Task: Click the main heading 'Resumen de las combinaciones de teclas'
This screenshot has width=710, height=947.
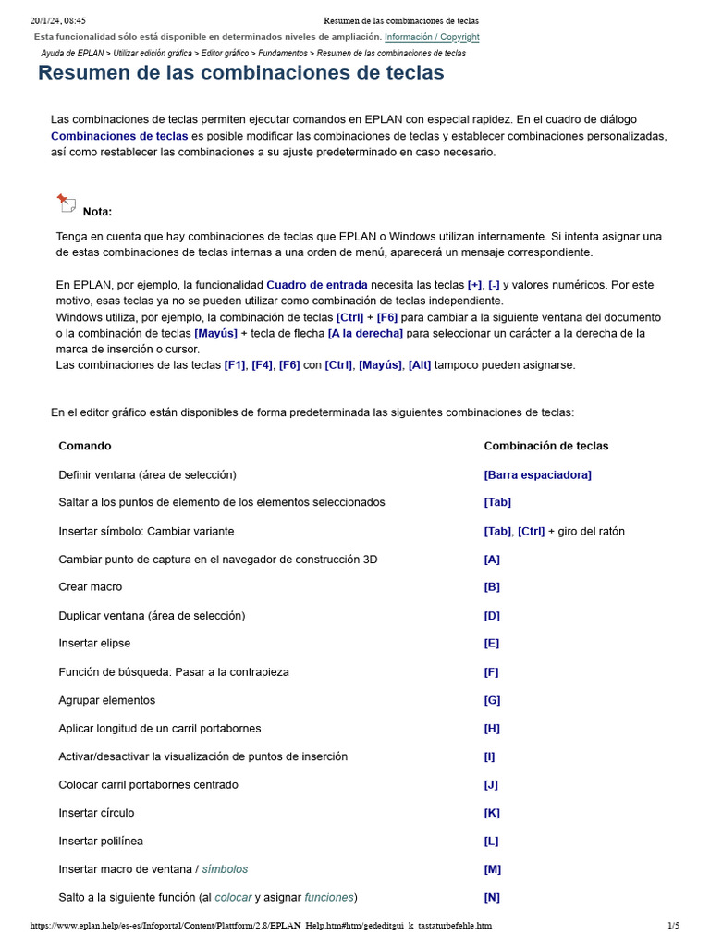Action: click(x=240, y=73)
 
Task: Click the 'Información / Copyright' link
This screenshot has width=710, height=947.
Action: click(x=432, y=37)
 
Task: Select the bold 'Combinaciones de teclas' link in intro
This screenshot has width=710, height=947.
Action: click(x=119, y=136)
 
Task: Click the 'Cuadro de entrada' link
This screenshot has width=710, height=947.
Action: click(x=317, y=285)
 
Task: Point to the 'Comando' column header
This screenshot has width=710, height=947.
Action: click(x=85, y=446)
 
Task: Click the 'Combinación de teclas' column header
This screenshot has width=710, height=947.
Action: click(x=545, y=446)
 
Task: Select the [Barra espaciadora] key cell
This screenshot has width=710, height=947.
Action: click(x=537, y=474)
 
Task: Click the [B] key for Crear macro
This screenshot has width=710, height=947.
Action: click(x=492, y=587)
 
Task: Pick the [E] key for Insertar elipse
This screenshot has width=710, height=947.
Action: click(x=492, y=644)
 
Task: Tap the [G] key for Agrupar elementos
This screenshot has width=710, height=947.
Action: click(x=492, y=700)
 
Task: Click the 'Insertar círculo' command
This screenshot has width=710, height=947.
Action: click(x=96, y=813)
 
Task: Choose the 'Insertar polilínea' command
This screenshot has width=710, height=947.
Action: click(x=101, y=842)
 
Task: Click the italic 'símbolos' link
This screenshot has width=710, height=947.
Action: click(x=226, y=869)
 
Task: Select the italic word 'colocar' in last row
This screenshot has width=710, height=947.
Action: click(x=233, y=898)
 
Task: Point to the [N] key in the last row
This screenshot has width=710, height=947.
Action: click(x=492, y=898)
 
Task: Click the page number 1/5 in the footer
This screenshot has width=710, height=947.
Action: click(x=673, y=925)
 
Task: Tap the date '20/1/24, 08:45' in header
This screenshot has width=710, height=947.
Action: click(x=58, y=20)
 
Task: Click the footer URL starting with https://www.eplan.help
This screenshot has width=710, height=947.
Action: click(x=261, y=925)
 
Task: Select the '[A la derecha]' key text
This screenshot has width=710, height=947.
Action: click(x=365, y=333)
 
